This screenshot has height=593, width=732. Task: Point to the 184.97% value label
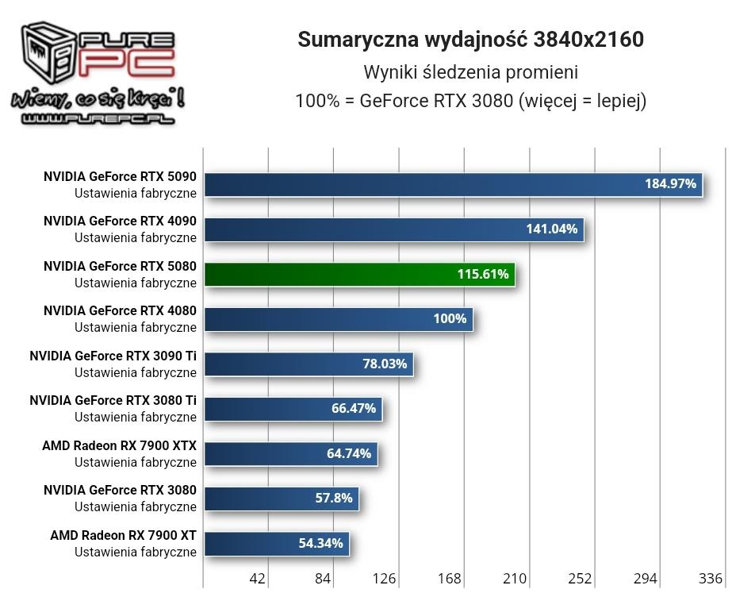[670, 184]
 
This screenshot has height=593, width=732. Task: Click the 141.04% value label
[551, 229]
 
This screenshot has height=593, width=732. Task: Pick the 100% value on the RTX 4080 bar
[450, 319]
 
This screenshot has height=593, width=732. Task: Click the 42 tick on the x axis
[257, 578]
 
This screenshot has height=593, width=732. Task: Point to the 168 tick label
[450, 578]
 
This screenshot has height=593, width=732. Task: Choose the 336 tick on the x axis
[711, 578]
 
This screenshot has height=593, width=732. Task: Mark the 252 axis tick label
[580, 578]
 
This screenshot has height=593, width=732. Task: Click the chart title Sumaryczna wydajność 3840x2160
[470, 40]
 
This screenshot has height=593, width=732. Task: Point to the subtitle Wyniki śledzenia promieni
[470, 72]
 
